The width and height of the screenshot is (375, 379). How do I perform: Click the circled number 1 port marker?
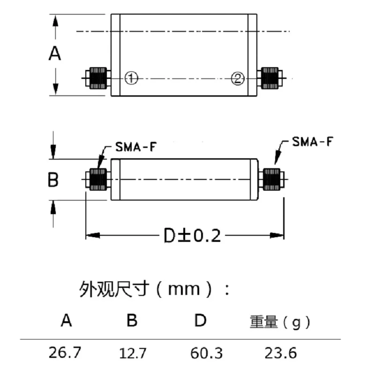pos(131,78)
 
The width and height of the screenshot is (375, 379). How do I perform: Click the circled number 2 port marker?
pos(238,78)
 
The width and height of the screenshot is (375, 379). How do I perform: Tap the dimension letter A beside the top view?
pos(55,54)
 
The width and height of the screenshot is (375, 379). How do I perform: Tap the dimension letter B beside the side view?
pos(54,179)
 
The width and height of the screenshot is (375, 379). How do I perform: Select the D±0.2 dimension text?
pos(192,235)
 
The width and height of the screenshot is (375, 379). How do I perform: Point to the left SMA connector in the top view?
pos(97,78)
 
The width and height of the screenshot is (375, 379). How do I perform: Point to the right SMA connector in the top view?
pos(270,78)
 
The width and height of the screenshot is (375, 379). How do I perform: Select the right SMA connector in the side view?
pos(272,179)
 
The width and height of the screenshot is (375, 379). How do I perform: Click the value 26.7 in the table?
pos(66,353)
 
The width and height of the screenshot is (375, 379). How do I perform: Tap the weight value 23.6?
pos(280,353)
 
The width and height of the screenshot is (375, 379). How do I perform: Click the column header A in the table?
pos(67,321)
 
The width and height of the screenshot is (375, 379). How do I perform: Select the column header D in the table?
pos(201,321)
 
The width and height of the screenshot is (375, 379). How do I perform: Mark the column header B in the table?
pos(132,321)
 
